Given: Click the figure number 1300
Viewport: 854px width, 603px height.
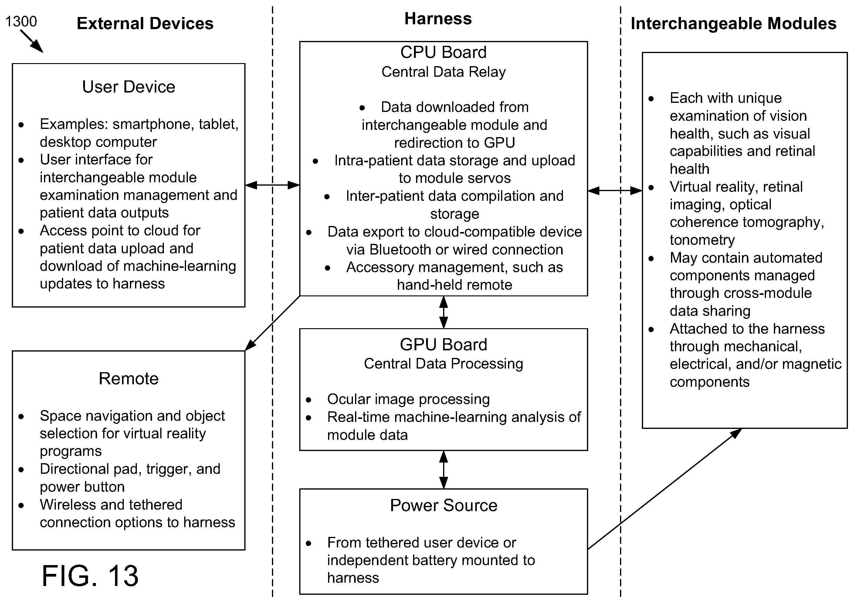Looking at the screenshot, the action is click(21, 22).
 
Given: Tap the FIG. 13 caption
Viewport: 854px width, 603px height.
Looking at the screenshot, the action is click(90, 575).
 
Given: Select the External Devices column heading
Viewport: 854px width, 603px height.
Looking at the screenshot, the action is click(145, 23).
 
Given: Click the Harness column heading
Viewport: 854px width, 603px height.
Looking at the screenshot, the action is click(438, 19).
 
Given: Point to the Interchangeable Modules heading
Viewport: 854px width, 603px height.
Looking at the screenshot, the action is click(734, 24).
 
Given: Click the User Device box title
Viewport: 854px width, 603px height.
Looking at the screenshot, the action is click(129, 87).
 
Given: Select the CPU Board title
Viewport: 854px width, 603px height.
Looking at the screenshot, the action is click(443, 52).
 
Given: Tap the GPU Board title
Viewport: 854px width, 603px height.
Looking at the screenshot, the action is click(443, 345).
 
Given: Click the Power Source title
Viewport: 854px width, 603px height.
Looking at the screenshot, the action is click(444, 505).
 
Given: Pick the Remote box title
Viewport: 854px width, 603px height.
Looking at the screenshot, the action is click(129, 379).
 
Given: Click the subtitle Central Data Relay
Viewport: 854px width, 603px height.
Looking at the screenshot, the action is click(443, 72).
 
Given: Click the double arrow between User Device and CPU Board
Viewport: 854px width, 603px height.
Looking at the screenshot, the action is click(272, 185).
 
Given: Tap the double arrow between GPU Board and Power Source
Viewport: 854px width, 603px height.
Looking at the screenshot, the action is click(443, 470).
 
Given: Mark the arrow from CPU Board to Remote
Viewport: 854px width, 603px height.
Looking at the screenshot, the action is click(272, 323).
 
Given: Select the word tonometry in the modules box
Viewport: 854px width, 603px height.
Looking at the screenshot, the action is click(702, 240).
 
